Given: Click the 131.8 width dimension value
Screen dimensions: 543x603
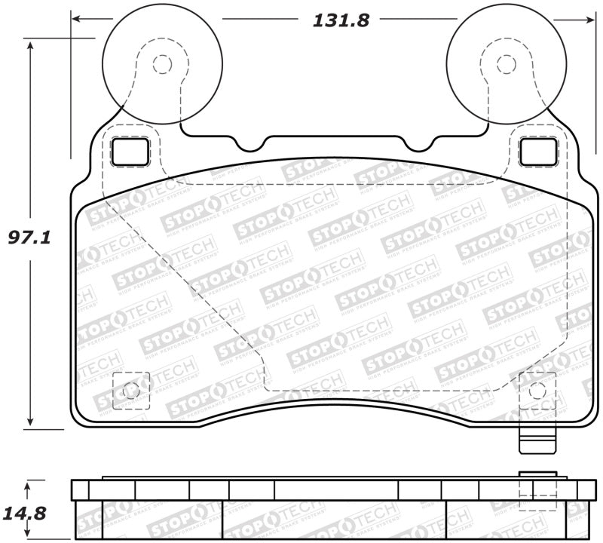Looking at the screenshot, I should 341,20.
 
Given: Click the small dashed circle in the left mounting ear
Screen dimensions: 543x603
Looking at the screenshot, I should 161,64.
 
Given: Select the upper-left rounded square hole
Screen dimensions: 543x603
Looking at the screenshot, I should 130,152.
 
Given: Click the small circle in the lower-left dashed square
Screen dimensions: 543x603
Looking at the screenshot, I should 130,391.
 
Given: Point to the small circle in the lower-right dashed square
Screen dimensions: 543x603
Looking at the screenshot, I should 536,391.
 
